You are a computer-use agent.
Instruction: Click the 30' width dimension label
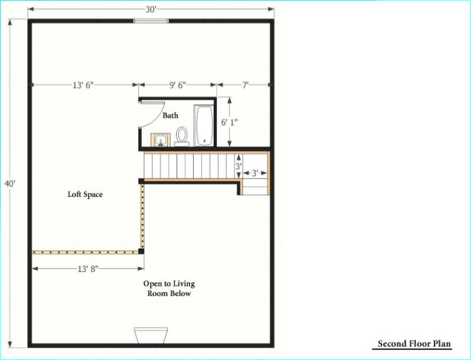coord(151,9)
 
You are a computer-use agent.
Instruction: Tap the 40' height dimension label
coord(10,183)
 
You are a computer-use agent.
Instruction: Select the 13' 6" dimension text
coord(83,85)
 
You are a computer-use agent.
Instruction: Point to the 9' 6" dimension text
coord(178,85)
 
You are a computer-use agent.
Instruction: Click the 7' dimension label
coord(246,85)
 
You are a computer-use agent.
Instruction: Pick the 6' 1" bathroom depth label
coord(230,123)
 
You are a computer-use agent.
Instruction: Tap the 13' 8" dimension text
coord(88,269)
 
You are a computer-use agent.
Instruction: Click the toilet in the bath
coord(182,137)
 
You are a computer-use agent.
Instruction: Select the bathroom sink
coord(161,140)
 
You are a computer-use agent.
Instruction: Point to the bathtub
coord(204,125)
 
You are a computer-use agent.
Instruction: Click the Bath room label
coord(170,115)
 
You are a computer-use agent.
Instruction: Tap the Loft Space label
coord(85,194)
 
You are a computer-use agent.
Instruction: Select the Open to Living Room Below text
coord(169,289)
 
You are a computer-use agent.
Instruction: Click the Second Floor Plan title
coord(414,344)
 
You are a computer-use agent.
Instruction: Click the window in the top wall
coord(151,21)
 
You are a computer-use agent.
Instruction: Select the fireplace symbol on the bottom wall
coord(151,336)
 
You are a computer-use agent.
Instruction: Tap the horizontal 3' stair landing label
coord(255,173)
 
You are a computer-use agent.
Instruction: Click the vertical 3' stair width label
coord(238,166)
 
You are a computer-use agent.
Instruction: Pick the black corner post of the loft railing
coord(141,251)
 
